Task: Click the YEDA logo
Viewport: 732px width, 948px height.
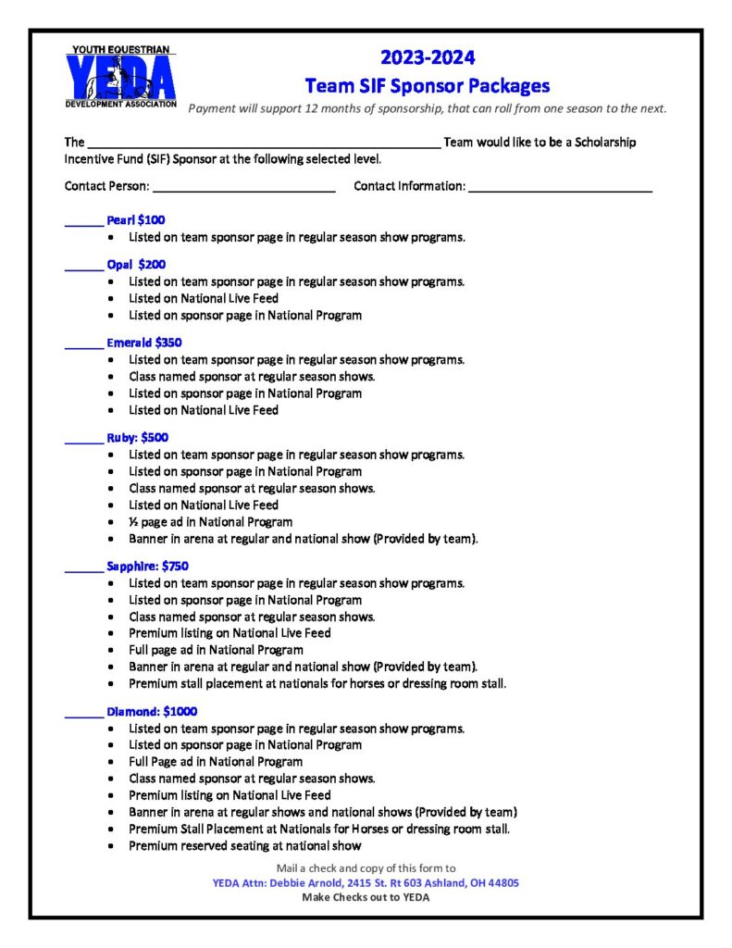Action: (119, 77)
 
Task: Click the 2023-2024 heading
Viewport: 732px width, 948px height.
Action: (427, 58)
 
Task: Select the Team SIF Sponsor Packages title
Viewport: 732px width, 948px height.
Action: (427, 86)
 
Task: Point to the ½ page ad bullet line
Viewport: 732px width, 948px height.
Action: (211, 522)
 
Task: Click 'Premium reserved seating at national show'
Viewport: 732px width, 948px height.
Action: (245, 845)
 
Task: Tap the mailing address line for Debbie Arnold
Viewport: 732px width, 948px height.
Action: (366, 883)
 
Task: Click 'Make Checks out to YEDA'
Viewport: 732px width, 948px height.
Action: (366, 898)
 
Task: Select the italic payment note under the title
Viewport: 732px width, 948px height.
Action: (427, 108)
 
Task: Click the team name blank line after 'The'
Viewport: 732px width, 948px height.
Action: (264, 144)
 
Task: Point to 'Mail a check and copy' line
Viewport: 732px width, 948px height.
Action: (366, 868)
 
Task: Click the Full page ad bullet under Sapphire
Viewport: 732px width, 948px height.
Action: (216, 650)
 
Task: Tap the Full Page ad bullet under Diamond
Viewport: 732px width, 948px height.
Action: (216, 762)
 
